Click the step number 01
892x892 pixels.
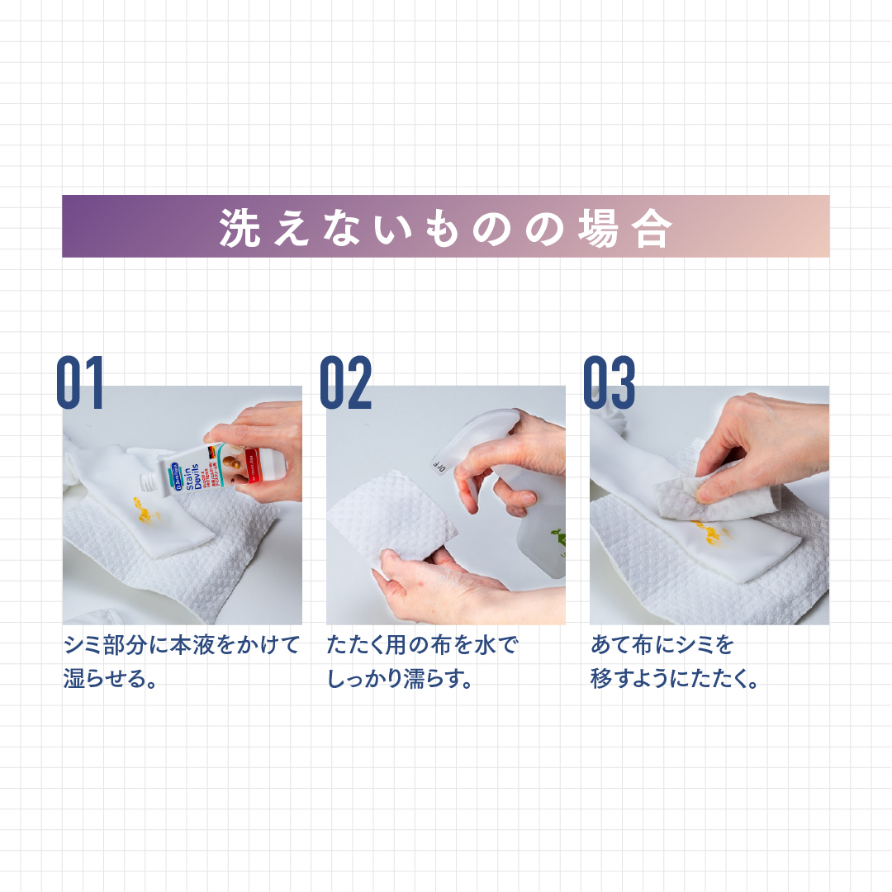81,383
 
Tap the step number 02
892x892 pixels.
345,383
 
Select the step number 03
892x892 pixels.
609,383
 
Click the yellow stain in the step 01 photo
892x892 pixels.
146,515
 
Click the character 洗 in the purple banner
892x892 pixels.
240,227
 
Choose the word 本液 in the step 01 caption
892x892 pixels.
192,644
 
